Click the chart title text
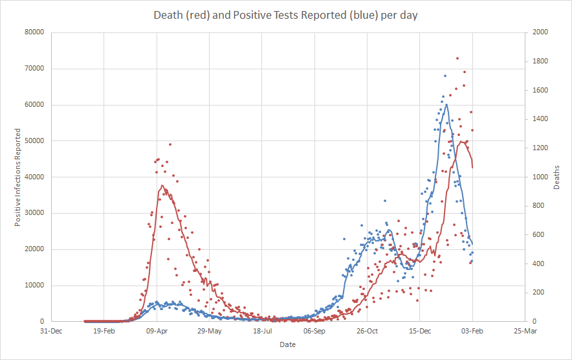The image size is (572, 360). tap(285, 15)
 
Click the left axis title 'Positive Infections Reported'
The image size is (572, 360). tap(18, 177)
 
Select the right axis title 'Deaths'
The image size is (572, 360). tap(556, 177)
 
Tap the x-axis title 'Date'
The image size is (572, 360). tap(287, 344)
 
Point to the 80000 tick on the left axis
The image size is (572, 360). tap(34, 32)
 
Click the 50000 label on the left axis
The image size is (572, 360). tap(34, 141)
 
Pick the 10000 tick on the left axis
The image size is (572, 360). tap(34, 286)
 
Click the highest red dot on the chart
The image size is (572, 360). tap(457, 58)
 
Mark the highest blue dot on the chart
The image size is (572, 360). tap(445, 76)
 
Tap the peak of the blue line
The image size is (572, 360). tap(446, 105)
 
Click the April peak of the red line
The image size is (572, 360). tap(162, 186)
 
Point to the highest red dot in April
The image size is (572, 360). tap(170, 144)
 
